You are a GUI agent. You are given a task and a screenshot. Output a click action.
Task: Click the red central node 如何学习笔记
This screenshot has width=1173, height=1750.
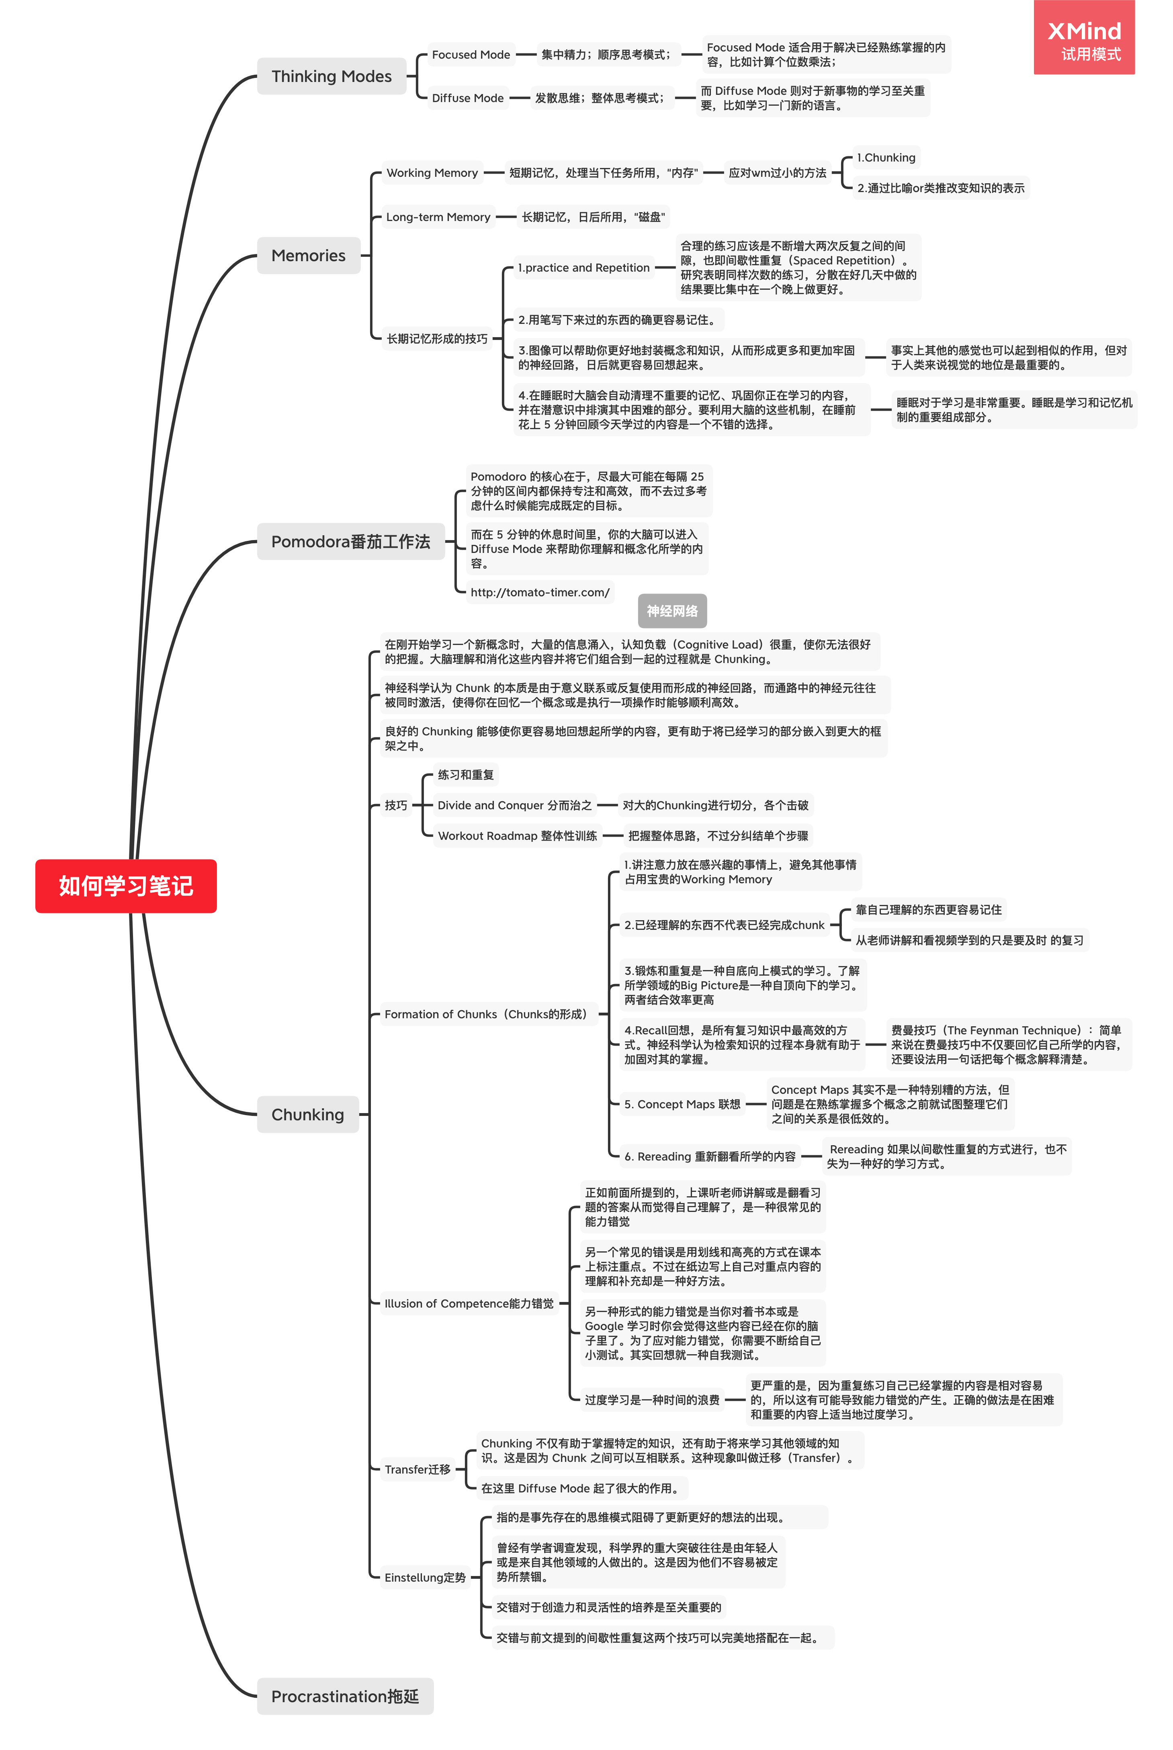click(126, 886)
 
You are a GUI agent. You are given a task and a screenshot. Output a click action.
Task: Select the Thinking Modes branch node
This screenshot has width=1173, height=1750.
click(332, 76)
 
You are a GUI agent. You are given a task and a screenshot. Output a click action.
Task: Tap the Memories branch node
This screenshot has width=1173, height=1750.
click(308, 256)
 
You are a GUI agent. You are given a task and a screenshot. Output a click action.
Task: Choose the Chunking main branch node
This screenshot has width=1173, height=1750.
click(307, 1114)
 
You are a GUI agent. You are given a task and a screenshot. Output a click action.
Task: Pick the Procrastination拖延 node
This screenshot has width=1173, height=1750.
click(345, 1696)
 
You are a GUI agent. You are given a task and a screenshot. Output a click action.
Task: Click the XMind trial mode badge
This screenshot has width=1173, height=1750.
click(1084, 37)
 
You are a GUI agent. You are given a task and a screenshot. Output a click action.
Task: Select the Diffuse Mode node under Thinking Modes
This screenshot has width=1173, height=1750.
click(468, 98)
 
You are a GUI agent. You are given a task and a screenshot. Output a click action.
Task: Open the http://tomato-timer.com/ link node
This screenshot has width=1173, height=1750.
click(540, 592)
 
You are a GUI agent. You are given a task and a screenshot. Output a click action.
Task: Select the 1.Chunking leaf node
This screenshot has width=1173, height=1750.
click(886, 158)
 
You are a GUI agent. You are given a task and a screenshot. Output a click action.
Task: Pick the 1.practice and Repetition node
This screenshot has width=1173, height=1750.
click(583, 268)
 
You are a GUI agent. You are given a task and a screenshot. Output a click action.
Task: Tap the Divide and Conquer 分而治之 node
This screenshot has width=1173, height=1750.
click(515, 805)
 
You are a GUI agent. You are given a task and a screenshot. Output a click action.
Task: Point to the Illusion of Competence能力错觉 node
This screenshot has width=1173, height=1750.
click(469, 1304)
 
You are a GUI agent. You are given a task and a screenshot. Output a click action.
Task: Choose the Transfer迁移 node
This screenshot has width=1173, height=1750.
click(418, 1470)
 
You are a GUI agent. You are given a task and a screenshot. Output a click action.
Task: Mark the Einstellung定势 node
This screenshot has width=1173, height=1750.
click(425, 1577)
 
